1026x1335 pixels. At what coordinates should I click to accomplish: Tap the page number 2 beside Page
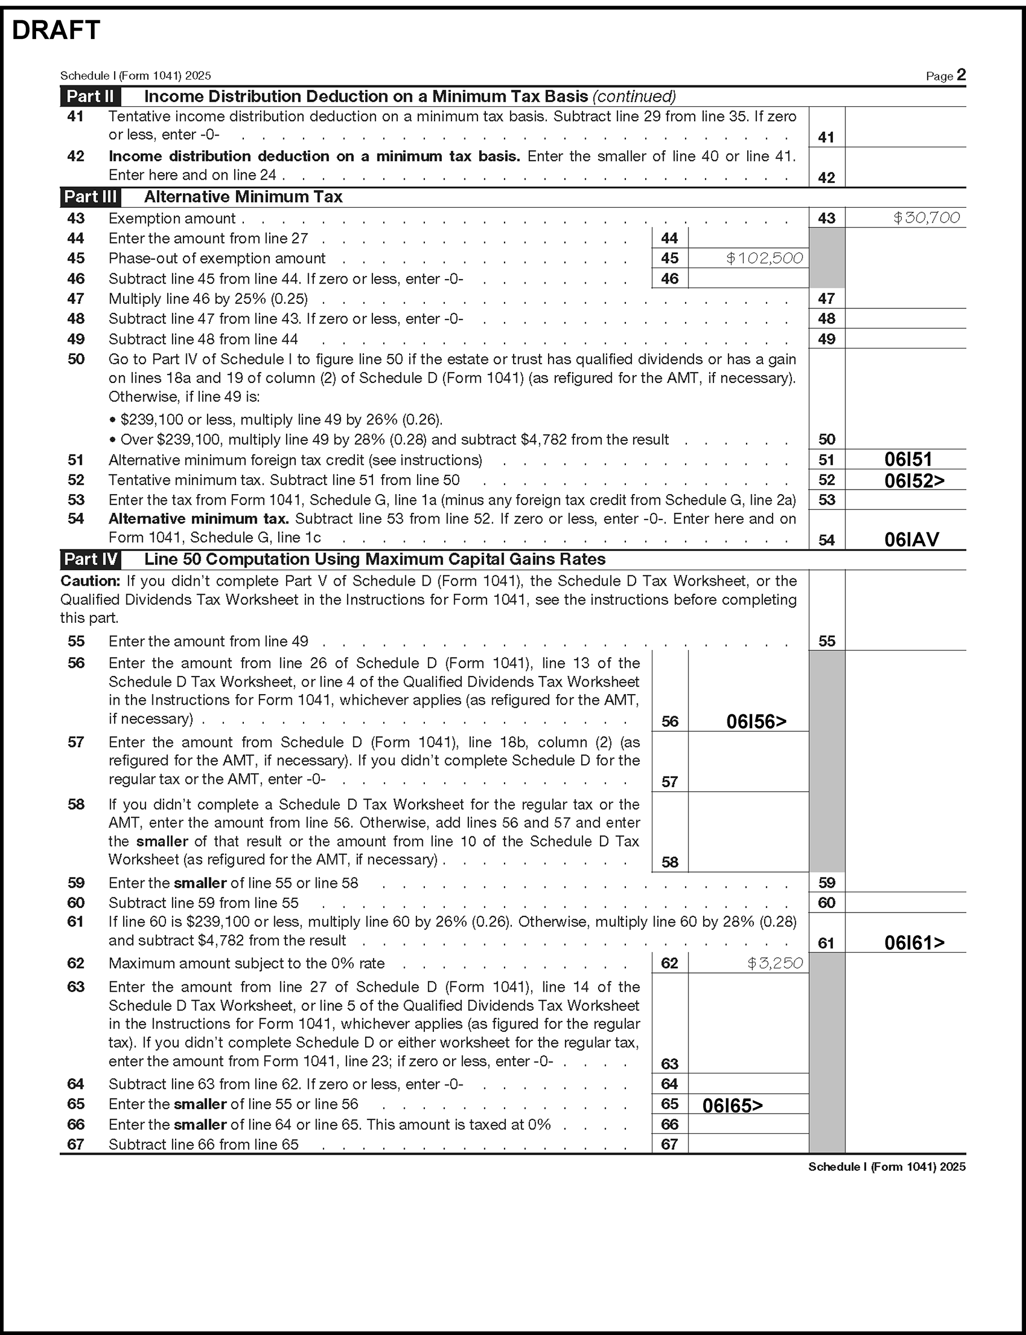[961, 75]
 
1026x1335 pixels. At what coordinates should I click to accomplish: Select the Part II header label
[90, 97]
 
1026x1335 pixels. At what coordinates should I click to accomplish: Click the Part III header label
[90, 197]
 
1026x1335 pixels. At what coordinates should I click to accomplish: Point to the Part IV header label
[90, 559]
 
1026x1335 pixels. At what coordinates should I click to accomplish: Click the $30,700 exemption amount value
[926, 217]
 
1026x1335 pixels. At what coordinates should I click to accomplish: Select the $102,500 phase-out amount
[764, 259]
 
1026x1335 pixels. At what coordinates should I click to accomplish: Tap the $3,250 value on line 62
[774, 963]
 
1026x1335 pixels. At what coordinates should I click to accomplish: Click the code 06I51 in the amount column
[908, 460]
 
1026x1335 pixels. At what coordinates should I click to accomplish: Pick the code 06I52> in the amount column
[914, 481]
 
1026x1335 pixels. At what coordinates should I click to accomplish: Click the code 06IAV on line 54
[912, 539]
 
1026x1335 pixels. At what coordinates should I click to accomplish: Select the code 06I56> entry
[756, 722]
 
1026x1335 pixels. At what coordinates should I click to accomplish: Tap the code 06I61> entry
[914, 943]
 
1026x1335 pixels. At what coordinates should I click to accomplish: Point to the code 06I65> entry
[732, 1105]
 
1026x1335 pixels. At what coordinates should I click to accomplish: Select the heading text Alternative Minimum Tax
[243, 197]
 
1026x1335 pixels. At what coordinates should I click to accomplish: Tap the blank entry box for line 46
[748, 278]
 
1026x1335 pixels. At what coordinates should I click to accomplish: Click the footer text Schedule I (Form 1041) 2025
[887, 1166]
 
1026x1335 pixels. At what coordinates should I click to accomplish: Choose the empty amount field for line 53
[905, 500]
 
